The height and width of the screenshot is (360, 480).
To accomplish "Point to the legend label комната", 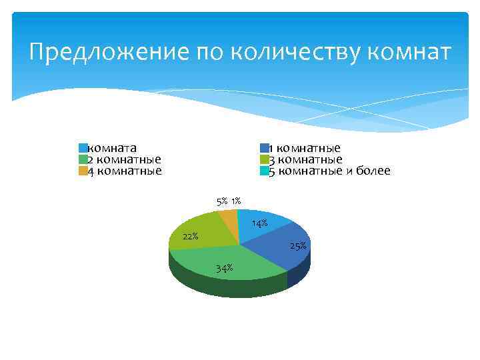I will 113,148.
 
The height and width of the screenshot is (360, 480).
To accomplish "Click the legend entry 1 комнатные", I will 305,148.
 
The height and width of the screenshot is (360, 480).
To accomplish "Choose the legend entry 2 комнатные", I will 125,159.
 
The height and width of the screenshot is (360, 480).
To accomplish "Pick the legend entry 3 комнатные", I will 305,159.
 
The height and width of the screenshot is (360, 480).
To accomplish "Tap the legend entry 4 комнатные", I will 125,171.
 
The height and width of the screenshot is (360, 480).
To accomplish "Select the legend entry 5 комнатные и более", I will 329,171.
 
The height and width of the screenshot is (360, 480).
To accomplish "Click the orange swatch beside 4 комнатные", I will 83,171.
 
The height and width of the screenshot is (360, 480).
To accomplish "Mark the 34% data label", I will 224,268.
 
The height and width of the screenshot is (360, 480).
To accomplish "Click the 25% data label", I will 298,246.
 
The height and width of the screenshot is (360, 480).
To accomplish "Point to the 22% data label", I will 190,236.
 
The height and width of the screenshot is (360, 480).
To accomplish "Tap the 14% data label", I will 259,223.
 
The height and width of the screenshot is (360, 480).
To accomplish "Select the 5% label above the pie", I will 221,201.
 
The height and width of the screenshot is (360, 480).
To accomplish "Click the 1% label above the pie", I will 236,201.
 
